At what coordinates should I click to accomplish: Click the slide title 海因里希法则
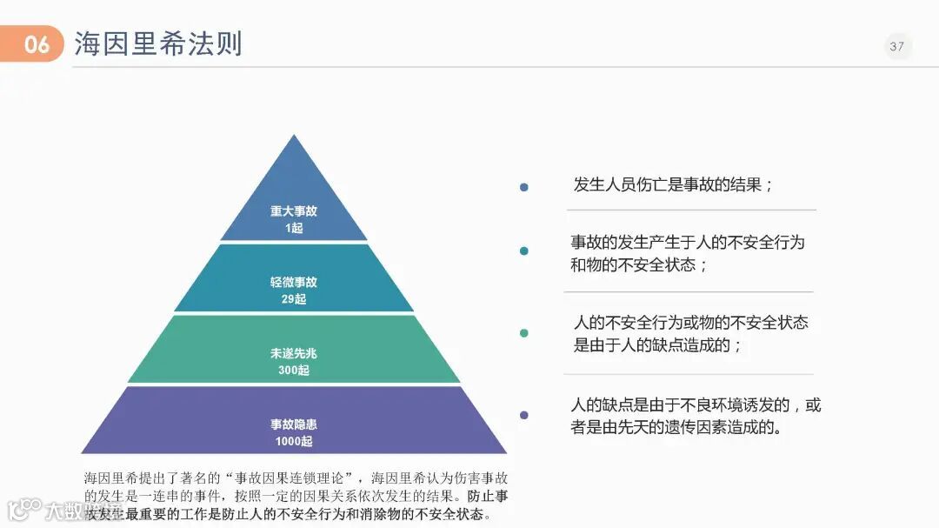(157, 43)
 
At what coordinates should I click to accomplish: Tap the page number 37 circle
(897, 46)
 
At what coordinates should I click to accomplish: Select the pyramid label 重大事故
(294, 211)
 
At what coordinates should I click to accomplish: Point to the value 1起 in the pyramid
(294, 228)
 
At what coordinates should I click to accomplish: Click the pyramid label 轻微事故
(294, 282)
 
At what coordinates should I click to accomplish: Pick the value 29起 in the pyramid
(294, 299)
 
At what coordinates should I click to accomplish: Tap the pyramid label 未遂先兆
(294, 353)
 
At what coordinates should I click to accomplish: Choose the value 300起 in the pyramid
(294, 371)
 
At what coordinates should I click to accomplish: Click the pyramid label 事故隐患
(294, 424)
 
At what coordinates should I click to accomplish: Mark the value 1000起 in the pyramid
(294, 442)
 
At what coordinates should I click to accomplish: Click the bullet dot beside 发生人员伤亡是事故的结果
(523, 187)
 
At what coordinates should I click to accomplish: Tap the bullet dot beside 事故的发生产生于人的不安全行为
(523, 251)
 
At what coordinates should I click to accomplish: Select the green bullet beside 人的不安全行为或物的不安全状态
(523, 333)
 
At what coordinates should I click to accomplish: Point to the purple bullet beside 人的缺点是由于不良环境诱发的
(523, 415)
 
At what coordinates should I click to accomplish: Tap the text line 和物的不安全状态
(639, 264)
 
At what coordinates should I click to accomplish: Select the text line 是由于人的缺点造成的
(657, 345)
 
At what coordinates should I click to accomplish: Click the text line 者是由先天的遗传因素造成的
(676, 427)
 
